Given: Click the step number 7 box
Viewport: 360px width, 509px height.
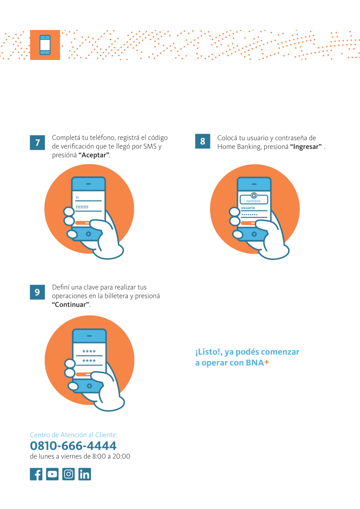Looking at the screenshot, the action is point(37,142).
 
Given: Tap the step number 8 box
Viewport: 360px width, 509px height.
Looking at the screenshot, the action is point(203,141).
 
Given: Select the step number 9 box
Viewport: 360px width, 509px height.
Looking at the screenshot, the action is point(37,292).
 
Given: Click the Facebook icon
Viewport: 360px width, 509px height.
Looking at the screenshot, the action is point(36,474).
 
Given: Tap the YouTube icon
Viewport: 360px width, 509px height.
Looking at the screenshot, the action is point(52,474).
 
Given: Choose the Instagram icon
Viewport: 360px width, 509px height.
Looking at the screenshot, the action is point(68,474).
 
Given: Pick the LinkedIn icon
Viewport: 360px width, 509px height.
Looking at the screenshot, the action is point(85,474).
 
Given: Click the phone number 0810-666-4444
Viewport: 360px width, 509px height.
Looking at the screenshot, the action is point(73,446).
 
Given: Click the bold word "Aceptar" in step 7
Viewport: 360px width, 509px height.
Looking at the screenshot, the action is point(94,155).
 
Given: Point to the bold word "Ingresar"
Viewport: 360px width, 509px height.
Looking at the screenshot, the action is point(306,147).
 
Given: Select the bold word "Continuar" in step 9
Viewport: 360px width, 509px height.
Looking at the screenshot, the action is point(71,304).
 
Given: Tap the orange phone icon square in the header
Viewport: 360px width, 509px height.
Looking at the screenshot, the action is point(45,45).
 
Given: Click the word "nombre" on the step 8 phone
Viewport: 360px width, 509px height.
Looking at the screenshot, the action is point(253,201).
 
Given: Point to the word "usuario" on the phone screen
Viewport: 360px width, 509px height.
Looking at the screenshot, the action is point(248,208).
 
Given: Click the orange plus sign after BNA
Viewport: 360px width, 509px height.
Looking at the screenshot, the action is point(267,362).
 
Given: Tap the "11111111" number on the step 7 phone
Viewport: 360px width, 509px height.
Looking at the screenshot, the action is point(82,207).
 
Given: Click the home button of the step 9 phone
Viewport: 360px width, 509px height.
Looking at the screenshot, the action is point(89,386).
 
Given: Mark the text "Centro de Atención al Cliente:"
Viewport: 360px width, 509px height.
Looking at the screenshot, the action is point(74,435).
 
